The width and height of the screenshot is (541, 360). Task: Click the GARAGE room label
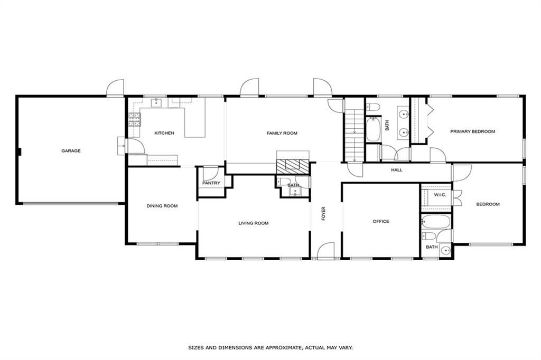click(x=71, y=151)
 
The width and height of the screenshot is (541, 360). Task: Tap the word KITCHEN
click(x=164, y=133)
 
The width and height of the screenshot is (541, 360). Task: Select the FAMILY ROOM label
click(x=282, y=133)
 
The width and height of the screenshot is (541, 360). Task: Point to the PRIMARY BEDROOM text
click(x=472, y=131)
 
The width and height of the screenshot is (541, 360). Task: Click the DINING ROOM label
click(x=162, y=206)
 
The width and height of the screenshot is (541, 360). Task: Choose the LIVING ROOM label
click(x=253, y=223)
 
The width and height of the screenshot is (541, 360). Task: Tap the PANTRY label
click(x=211, y=183)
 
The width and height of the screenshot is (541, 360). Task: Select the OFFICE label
click(x=380, y=221)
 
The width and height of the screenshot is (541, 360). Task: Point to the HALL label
click(x=396, y=170)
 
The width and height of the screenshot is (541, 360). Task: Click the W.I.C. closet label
click(x=440, y=195)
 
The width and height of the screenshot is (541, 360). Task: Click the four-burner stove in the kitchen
click(x=134, y=120)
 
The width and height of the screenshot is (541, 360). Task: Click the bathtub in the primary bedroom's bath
click(x=373, y=130)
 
